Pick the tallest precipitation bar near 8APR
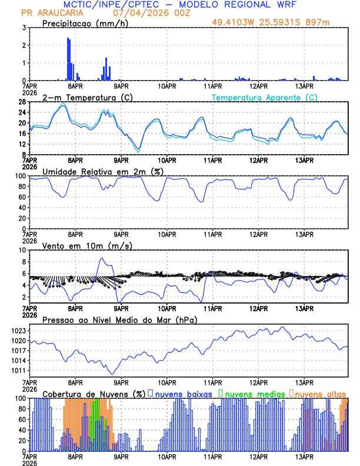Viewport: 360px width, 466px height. (x=68, y=59)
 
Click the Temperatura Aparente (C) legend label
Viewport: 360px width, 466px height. (x=265, y=97)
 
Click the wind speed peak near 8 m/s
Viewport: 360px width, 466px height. (x=102, y=258)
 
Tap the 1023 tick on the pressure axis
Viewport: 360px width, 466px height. (x=16, y=331)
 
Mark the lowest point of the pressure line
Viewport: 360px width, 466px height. (x=112, y=374)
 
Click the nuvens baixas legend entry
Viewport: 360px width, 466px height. (x=183, y=393)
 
